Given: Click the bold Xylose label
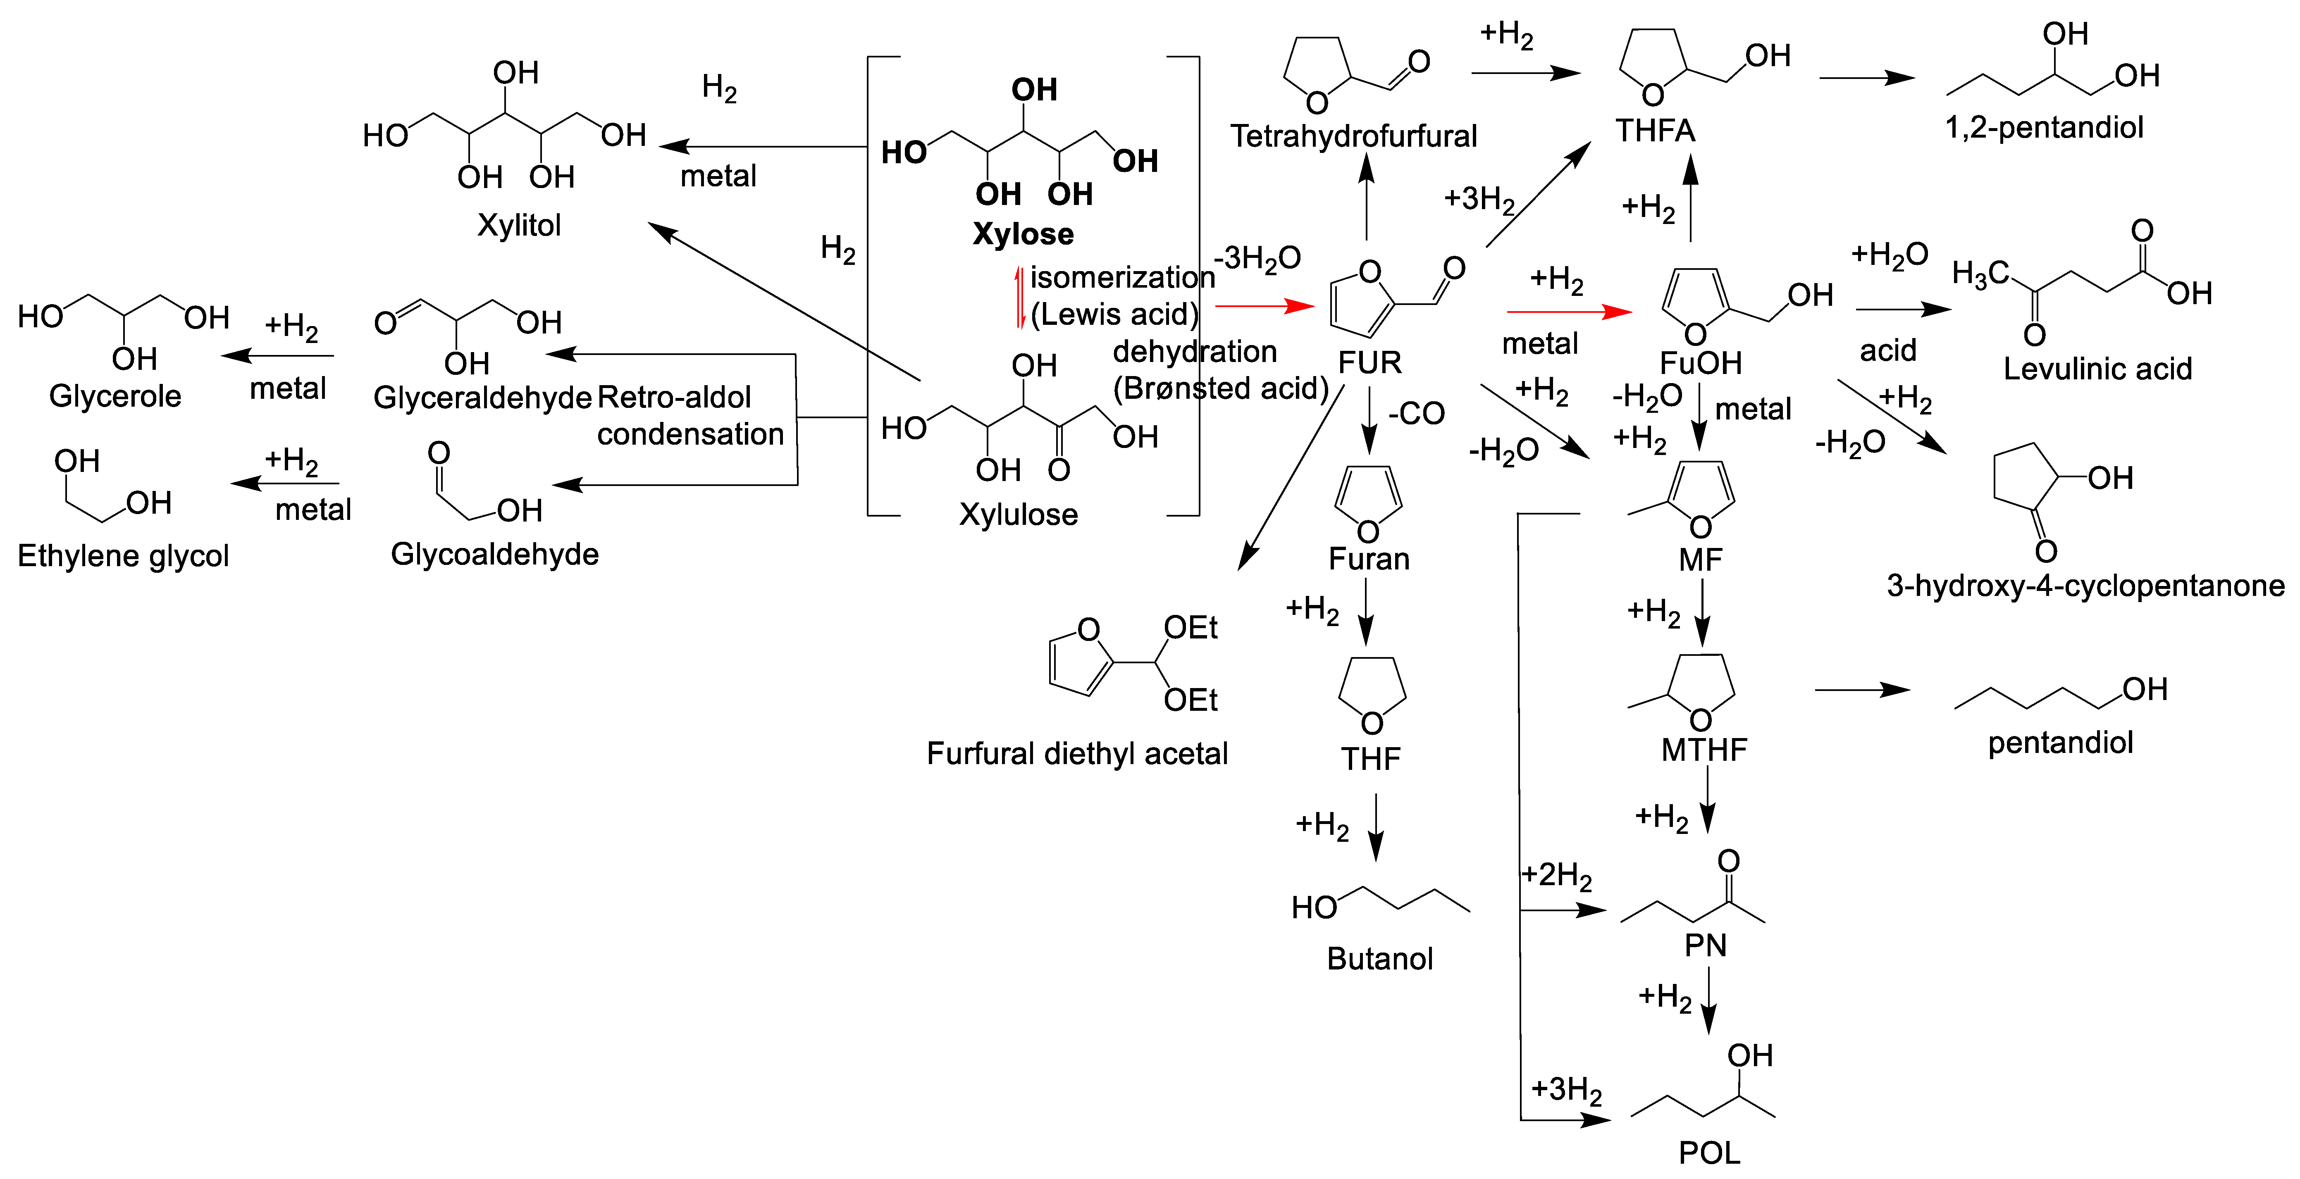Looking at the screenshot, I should pos(1023,234).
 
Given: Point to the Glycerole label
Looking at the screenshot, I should pos(115,395).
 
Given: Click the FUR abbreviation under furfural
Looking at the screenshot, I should pos(1370,362).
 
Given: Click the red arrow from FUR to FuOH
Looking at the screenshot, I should pos(1569,312).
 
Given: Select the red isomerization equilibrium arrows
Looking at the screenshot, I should pos(1020,297).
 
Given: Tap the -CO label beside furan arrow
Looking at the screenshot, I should pos(1417,413).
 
